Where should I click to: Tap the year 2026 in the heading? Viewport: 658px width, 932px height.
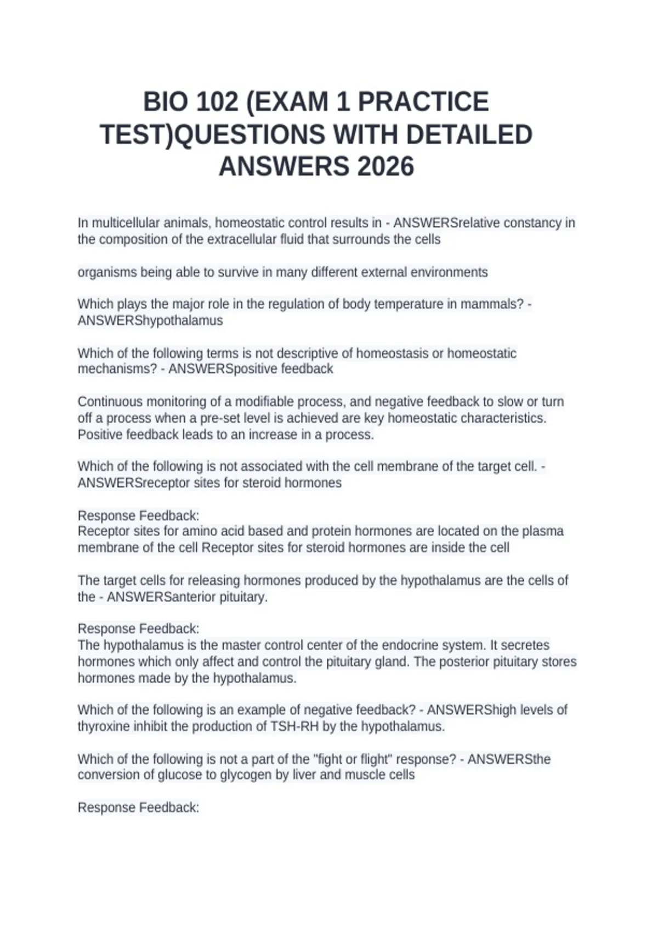pyautogui.click(x=385, y=167)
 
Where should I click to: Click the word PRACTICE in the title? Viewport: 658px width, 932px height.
pyautogui.click(x=423, y=103)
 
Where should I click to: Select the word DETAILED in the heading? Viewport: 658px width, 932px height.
pyautogui.click(x=469, y=135)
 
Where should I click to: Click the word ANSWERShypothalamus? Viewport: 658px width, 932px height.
pyautogui.click(x=150, y=321)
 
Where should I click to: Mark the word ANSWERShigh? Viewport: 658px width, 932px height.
pyautogui.click(x=472, y=710)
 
